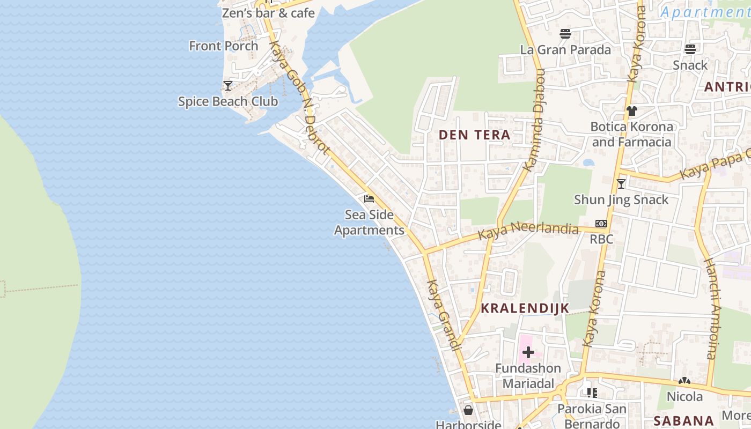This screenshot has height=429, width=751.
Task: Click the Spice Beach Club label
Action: click(228, 101)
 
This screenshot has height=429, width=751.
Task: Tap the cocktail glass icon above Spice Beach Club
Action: click(228, 86)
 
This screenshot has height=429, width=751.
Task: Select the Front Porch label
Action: click(224, 46)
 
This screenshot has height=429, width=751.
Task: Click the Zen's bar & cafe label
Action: click(268, 13)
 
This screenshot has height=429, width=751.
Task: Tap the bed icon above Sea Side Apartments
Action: click(369, 199)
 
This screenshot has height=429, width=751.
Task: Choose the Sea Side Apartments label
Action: click(370, 223)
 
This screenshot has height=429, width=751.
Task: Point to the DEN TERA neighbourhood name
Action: click(475, 135)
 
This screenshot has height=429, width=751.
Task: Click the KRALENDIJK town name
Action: click(525, 308)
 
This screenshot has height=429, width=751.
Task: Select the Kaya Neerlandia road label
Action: click(528, 232)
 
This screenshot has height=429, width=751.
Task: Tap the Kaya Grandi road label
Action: click(444, 315)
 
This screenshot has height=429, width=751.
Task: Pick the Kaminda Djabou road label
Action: click(535, 120)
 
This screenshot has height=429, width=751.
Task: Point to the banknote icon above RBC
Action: click(601, 224)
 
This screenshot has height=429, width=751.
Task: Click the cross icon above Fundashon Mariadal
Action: click(528, 352)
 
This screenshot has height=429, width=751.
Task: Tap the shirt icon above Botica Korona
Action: click(632, 111)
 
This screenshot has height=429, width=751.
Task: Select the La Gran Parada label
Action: click(565, 50)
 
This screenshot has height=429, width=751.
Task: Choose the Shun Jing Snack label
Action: click(621, 200)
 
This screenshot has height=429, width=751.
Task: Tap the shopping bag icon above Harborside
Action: click(468, 410)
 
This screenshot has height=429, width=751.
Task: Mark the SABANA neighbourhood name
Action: click(683, 421)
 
